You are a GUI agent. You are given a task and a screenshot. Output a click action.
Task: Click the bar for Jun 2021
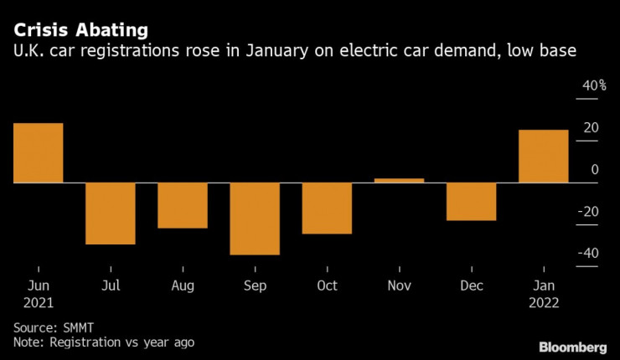coord(38,152)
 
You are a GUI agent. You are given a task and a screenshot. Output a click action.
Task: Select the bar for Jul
coord(110,213)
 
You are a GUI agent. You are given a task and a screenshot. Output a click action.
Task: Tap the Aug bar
coord(183,205)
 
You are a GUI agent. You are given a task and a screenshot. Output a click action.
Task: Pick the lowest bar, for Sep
coord(255,218)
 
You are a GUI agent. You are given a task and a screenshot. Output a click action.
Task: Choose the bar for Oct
coord(327,208)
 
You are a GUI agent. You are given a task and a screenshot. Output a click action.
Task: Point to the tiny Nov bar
coord(399,180)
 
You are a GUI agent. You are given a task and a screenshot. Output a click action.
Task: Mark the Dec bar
coord(471,201)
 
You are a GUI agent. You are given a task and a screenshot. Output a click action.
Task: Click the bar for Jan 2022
coord(544,156)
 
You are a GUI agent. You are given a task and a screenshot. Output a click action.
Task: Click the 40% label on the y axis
coord(594,86)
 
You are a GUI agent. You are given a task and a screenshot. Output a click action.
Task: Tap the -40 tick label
coord(590,254)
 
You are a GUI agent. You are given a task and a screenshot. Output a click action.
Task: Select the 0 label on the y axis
coord(594,170)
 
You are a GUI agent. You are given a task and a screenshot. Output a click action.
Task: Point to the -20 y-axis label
coord(590,212)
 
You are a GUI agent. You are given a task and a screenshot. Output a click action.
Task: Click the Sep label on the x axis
coord(255,285)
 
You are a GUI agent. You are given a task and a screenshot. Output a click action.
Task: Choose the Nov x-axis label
coord(399,285)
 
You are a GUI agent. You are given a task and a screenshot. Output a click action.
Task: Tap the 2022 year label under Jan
coord(544,303)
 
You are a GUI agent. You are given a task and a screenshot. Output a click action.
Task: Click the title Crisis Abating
coord(80,29)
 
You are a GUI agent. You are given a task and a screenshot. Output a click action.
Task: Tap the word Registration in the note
coord(85,342)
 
